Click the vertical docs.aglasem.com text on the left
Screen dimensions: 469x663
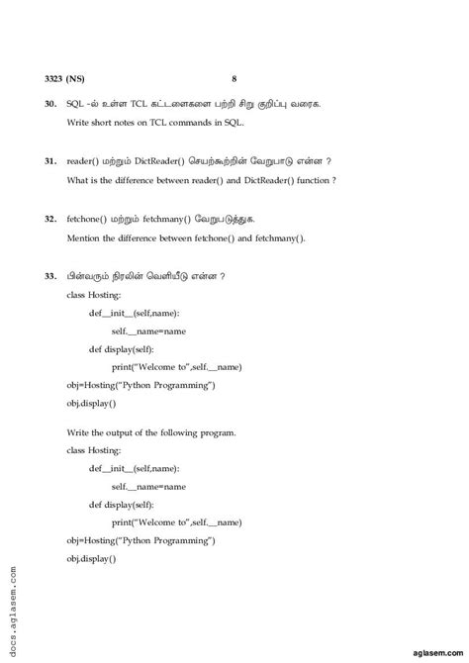[11, 611]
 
